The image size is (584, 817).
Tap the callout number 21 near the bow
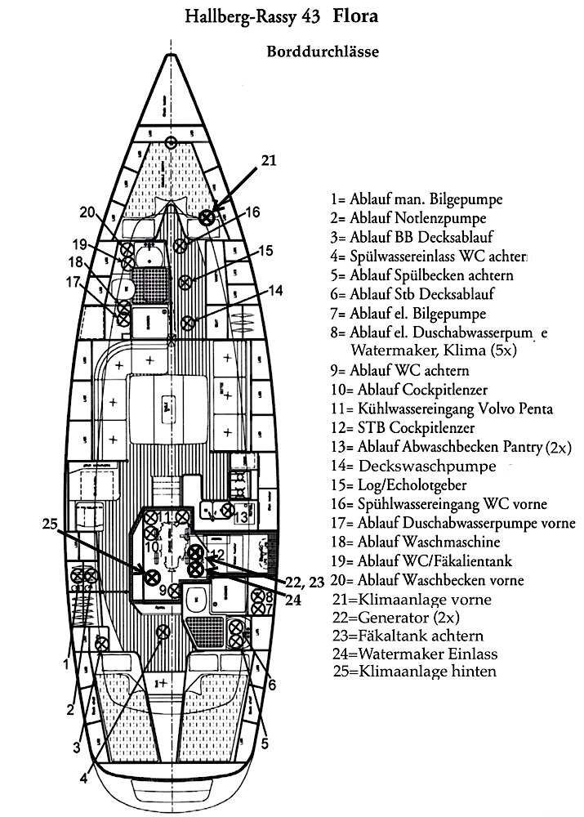pos(270,161)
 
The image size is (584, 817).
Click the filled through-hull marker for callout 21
pos(207,217)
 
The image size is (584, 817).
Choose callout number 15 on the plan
pos(266,251)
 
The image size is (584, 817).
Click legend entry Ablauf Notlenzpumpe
pos(408,218)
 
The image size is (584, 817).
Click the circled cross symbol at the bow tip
pos(171,144)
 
